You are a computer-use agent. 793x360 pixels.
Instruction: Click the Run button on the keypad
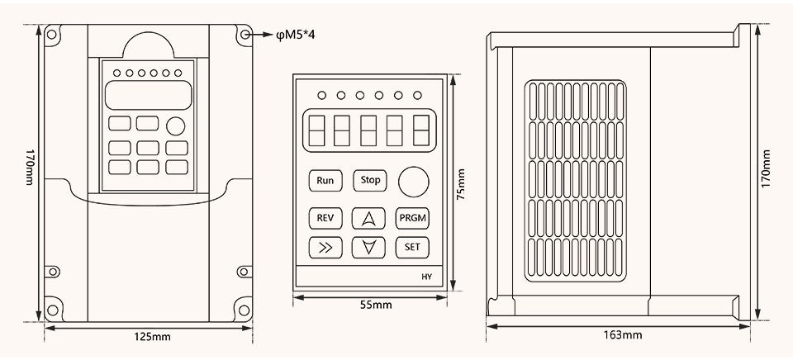coord(325,181)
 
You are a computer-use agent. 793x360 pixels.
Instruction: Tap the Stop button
coord(370,181)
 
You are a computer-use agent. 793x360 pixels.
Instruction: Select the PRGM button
coord(412,219)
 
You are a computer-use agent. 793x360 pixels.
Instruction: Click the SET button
coord(412,247)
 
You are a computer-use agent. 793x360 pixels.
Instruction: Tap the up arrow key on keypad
coord(368,219)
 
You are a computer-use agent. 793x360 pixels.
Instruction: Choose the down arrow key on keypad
coord(368,247)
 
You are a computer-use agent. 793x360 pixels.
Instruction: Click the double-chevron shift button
coord(325,247)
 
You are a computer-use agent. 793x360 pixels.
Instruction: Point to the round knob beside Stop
coord(414,182)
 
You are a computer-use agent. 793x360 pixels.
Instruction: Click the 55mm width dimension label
coord(376,305)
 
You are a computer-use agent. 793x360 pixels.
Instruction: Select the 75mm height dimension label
coord(461,185)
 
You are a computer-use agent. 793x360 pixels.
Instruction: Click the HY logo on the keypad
coord(426,277)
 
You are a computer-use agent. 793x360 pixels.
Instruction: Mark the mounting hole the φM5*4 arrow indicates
coord(245,35)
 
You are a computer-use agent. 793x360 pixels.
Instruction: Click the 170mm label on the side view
coord(767,169)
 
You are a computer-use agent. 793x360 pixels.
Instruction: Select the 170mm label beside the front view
coord(30,167)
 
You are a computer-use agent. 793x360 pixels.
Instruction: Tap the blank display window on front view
coord(148,95)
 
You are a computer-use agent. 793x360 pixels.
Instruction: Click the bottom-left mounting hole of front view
coord(51,310)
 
